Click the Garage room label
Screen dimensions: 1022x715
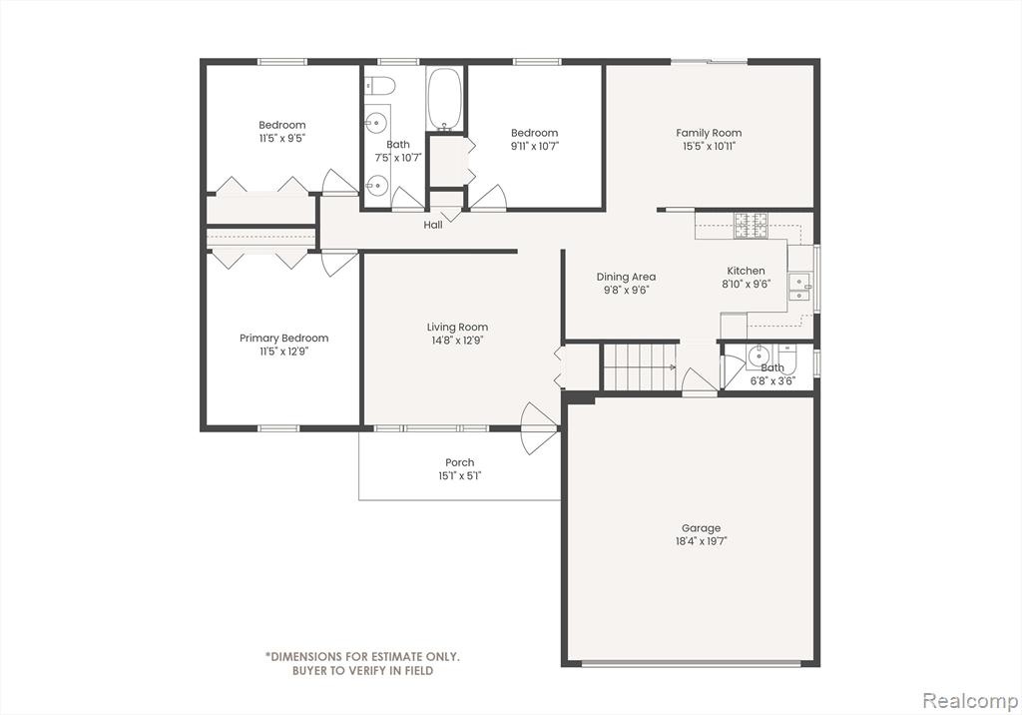click(702, 528)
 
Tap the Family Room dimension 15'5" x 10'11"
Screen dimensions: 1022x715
click(710, 146)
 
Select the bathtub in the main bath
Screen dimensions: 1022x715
click(444, 99)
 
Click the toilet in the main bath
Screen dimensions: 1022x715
click(380, 85)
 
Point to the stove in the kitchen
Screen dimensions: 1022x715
click(751, 225)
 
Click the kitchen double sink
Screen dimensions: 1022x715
click(799, 287)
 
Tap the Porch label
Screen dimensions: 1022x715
click(460, 462)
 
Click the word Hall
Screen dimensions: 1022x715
click(433, 225)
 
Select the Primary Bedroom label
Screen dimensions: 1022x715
click(284, 338)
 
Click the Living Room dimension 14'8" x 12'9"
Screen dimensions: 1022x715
click(457, 341)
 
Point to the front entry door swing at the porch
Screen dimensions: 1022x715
click(539, 428)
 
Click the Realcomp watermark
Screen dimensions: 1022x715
click(970, 701)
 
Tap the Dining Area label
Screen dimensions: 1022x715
click(627, 277)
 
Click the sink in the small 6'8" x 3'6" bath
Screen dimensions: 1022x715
click(759, 357)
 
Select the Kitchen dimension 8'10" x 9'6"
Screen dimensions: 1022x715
click(747, 284)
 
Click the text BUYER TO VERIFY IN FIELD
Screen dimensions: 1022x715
click(362, 671)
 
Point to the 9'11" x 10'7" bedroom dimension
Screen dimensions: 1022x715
click(535, 146)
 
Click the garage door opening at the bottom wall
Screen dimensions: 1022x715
click(691, 664)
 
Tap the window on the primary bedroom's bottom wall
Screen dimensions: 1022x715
click(278, 428)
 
